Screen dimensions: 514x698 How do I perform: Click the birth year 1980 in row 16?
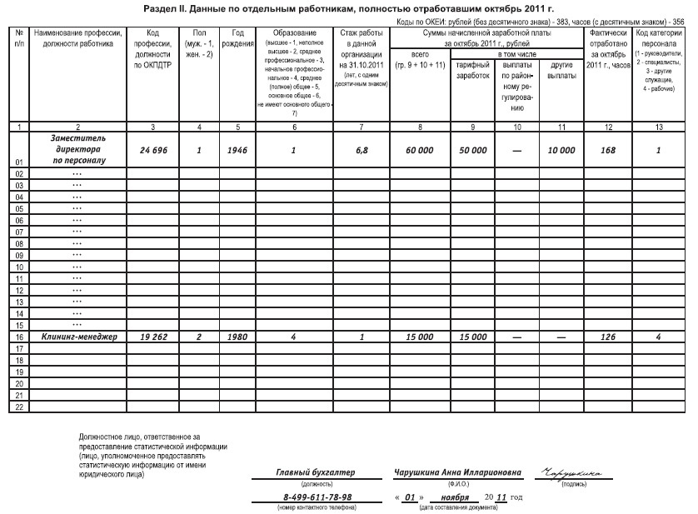coord(237,337)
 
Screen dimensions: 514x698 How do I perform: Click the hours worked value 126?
coord(607,337)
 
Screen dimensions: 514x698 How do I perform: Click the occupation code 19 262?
coord(152,337)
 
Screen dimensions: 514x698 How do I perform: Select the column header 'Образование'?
coord(295,32)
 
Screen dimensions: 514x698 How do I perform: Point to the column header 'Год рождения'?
coord(237,38)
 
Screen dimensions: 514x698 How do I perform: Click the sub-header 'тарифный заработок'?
coord(473,70)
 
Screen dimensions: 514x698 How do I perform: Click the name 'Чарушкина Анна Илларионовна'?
coord(458,473)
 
